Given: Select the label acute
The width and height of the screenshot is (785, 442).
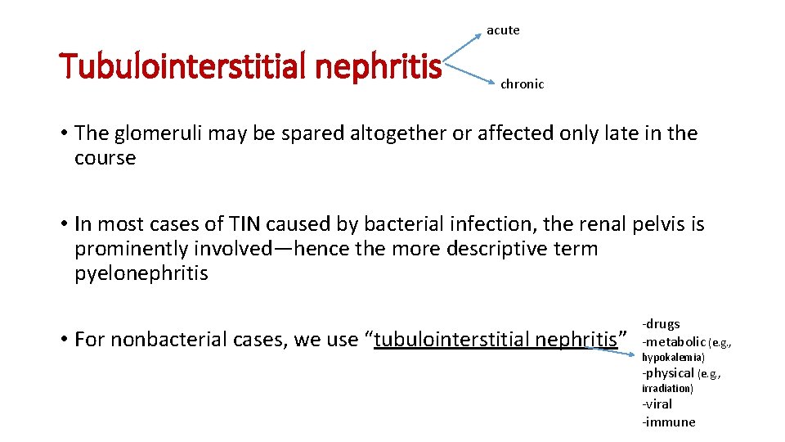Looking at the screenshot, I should pos(503,30).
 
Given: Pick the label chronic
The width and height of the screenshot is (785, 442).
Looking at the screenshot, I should pos(522,84).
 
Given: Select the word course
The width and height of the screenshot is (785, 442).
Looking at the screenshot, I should pos(105,158).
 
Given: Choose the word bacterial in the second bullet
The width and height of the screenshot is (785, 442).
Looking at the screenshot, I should pos(413,224).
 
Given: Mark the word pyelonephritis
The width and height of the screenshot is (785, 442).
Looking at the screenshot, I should pos(141,273).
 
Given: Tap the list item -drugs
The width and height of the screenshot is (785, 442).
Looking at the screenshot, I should pos(661,324).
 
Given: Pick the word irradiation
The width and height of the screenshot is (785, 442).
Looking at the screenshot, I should pos(667,389).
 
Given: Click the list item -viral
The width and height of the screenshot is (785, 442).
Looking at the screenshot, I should pos(658,404).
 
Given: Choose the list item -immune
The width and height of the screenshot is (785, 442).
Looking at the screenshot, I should pos(669,422).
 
